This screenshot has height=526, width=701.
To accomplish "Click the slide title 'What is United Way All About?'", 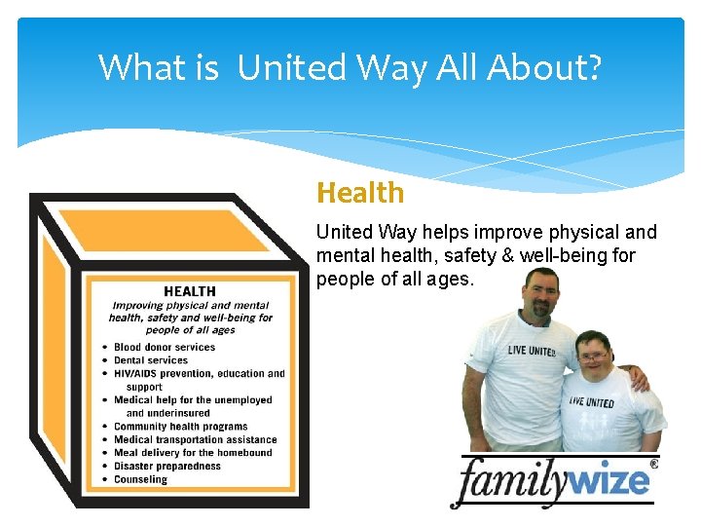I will click(350, 67).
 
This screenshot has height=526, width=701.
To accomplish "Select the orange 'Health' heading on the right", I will click(360, 193).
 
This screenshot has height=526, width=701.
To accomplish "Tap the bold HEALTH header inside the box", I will click(190, 291).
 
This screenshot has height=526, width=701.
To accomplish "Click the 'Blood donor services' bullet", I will click(164, 347).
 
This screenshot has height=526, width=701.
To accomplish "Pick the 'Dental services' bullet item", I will click(150, 360).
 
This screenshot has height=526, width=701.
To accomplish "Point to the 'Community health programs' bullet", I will click(180, 427).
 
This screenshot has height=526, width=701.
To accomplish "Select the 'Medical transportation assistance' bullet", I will click(195, 440).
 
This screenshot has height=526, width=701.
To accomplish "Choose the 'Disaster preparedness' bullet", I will click(166, 467).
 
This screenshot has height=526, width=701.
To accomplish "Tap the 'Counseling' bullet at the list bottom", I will click(140, 479).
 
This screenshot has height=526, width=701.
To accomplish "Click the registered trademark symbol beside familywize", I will click(653, 466).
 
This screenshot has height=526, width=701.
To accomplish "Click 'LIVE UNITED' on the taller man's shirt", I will click(531, 350).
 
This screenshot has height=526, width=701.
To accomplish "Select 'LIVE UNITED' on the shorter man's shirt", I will click(592, 401).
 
